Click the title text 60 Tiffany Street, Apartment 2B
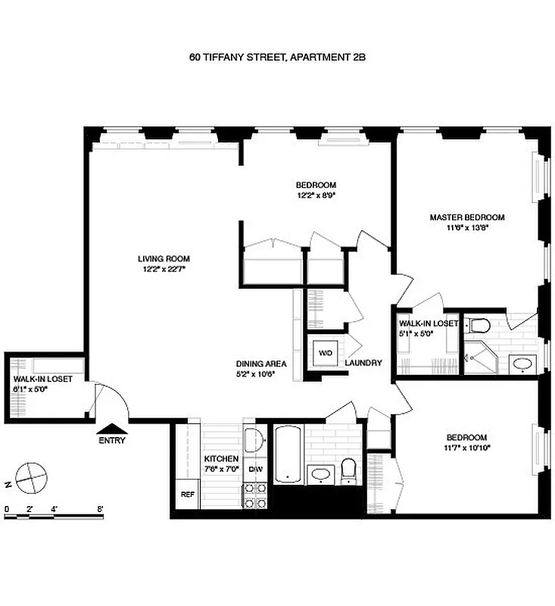coord(277,57)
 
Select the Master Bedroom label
coord(466,217)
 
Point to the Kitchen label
coord(221,459)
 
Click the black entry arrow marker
coord(111,429)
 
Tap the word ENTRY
coord(111,441)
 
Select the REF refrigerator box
coord(186,495)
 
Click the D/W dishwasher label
coord(256,469)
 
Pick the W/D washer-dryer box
coord(324,354)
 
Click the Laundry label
coord(363,363)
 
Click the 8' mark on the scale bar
coord(100,509)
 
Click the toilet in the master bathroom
coord(479,325)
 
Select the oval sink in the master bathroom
coord(522,364)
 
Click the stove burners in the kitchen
coord(256,496)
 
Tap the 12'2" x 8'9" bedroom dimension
coord(316,195)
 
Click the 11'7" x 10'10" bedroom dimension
coord(466,448)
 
